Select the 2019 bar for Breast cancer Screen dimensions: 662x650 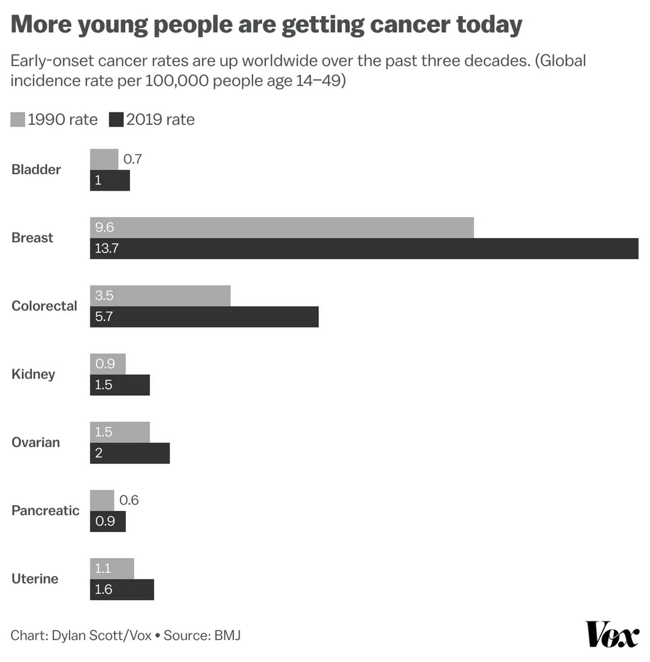[364, 248]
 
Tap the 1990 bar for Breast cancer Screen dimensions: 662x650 [282, 227]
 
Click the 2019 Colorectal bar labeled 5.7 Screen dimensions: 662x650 [204, 317]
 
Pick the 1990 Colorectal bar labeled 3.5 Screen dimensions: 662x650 [160, 295]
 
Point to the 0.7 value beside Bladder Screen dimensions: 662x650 [132, 159]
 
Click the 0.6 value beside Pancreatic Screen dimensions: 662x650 [129, 500]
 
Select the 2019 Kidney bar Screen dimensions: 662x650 [120, 385]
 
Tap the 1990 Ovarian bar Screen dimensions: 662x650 [120, 432]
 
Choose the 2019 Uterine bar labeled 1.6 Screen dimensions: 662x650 [122, 589]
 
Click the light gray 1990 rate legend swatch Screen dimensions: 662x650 [17, 120]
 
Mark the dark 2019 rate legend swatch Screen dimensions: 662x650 [116, 120]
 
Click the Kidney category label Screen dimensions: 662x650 [33, 374]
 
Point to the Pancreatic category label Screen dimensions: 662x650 [45, 510]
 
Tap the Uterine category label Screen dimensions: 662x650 [35, 579]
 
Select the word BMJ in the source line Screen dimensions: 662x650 [227, 635]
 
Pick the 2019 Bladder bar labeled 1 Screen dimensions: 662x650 [110, 180]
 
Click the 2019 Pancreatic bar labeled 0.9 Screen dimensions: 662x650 [108, 521]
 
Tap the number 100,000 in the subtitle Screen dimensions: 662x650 [177, 80]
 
